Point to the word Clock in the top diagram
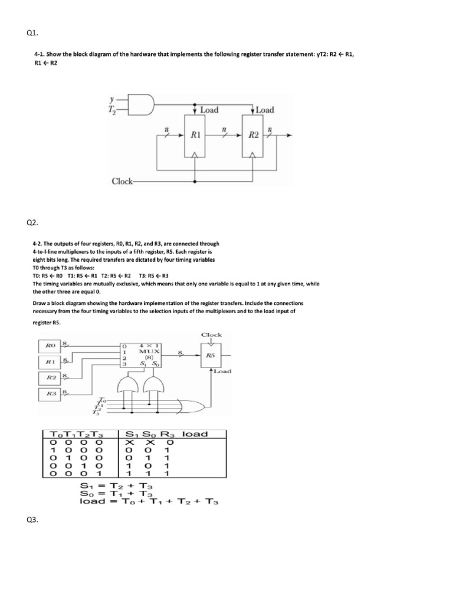(x=122, y=180)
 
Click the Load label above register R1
(x=210, y=110)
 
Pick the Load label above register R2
(x=264, y=110)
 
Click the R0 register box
(x=50, y=346)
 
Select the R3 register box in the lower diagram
(x=50, y=393)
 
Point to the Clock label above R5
(x=212, y=334)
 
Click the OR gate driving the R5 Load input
(x=192, y=407)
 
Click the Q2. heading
(x=32, y=222)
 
